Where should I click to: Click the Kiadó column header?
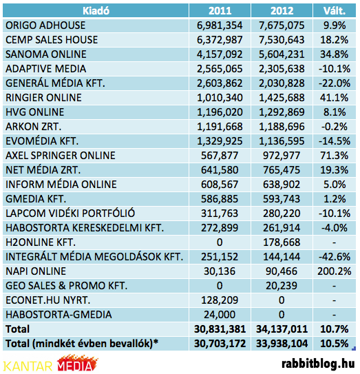click(96, 11)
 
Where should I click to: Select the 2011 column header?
click(220, 11)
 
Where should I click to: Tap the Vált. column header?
click(335, 11)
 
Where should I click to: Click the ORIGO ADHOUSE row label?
click(45, 25)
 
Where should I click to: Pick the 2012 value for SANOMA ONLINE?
click(282, 54)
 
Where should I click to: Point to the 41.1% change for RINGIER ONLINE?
click(335, 98)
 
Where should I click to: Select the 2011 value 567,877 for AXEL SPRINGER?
click(220, 156)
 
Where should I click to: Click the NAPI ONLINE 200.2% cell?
click(335, 271)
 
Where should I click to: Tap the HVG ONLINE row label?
click(35, 112)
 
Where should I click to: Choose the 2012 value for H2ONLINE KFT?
click(282, 242)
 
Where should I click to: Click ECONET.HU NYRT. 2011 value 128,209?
click(220, 300)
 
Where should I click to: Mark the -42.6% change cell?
click(335, 257)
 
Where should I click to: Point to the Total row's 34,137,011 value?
click(282, 329)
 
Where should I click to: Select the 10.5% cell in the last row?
click(335, 344)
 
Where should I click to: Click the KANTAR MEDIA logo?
click(50, 364)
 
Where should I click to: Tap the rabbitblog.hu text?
click(318, 364)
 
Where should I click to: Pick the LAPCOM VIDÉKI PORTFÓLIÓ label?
click(70, 214)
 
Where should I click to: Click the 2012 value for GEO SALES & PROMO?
click(282, 286)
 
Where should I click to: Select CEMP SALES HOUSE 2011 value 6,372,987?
click(220, 39)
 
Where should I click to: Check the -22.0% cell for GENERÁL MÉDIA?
click(335, 83)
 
